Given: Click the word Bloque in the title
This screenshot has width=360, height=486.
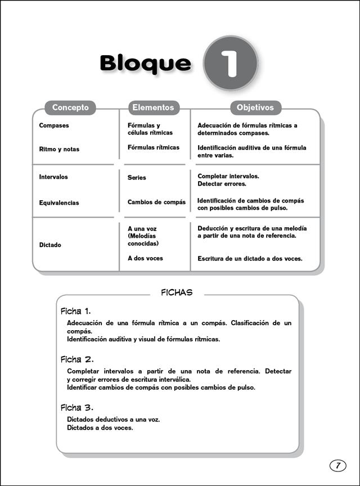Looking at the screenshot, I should tap(145, 64).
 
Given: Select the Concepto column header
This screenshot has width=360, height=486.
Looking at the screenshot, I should tap(70, 107).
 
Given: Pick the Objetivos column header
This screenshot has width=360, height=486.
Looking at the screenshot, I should tap(255, 107).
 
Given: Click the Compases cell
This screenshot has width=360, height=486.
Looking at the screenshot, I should tap(54, 125).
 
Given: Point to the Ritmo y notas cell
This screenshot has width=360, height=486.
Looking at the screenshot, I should tap(59, 150).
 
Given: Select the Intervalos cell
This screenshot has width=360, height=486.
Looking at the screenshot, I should tap(53, 177).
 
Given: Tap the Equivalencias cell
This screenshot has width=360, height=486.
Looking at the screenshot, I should tap(59, 203).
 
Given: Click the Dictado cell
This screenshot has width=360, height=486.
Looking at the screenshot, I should tap(50, 245).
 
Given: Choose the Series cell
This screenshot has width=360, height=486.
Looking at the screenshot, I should tap(137, 178).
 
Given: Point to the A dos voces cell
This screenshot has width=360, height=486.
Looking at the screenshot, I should tap(145, 258).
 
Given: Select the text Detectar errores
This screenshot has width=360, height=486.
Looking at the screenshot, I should tap(222, 184).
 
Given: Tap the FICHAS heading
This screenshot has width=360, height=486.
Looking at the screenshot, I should tap(177, 292).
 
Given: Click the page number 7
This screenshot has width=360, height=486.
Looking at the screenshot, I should tap(337, 465).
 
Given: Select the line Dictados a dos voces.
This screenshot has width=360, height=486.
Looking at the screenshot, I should tap(100, 428).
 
